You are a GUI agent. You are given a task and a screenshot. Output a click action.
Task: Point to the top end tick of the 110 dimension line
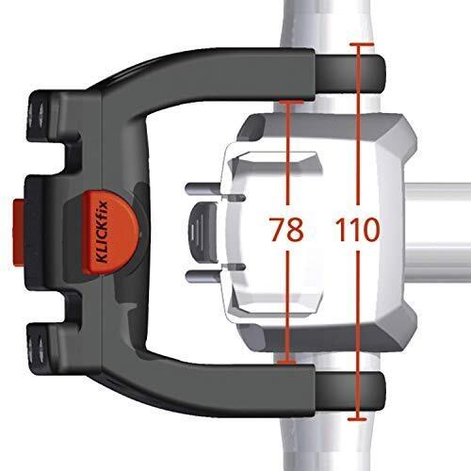358,44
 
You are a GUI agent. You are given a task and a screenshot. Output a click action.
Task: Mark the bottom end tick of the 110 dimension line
358,415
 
